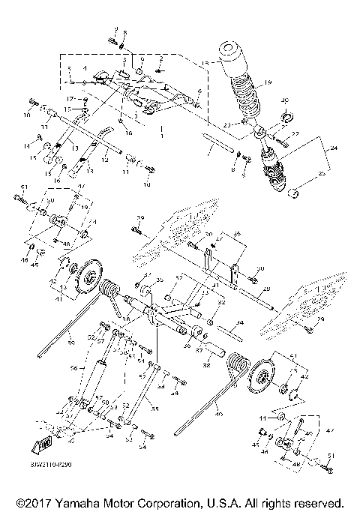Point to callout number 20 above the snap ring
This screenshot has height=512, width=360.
tap(283, 100)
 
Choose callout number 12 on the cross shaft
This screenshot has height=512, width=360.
tap(106, 159)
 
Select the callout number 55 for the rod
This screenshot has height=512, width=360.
tap(156, 409)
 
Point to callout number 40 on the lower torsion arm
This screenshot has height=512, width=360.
tap(219, 414)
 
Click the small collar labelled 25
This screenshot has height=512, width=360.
tap(297, 196)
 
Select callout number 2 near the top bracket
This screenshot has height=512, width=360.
tap(160, 58)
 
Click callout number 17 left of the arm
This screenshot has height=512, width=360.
tap(70, 98)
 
